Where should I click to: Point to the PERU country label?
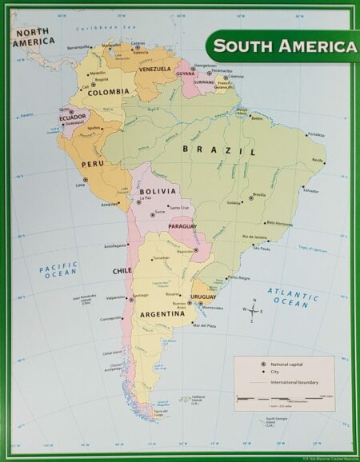(x=94, y=164)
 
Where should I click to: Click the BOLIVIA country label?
(x=157, y=192)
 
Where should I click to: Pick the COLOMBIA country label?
(x=108, y=92)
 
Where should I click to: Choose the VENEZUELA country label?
(x=154, y=70)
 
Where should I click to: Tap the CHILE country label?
(x=122, y=271)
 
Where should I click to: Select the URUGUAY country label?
(x=203, y=297)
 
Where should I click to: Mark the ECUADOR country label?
(x=72, y=117)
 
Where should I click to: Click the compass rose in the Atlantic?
(x=253, y=310)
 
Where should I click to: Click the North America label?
(x=30, y=36)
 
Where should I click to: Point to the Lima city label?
(x=79, y=185)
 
